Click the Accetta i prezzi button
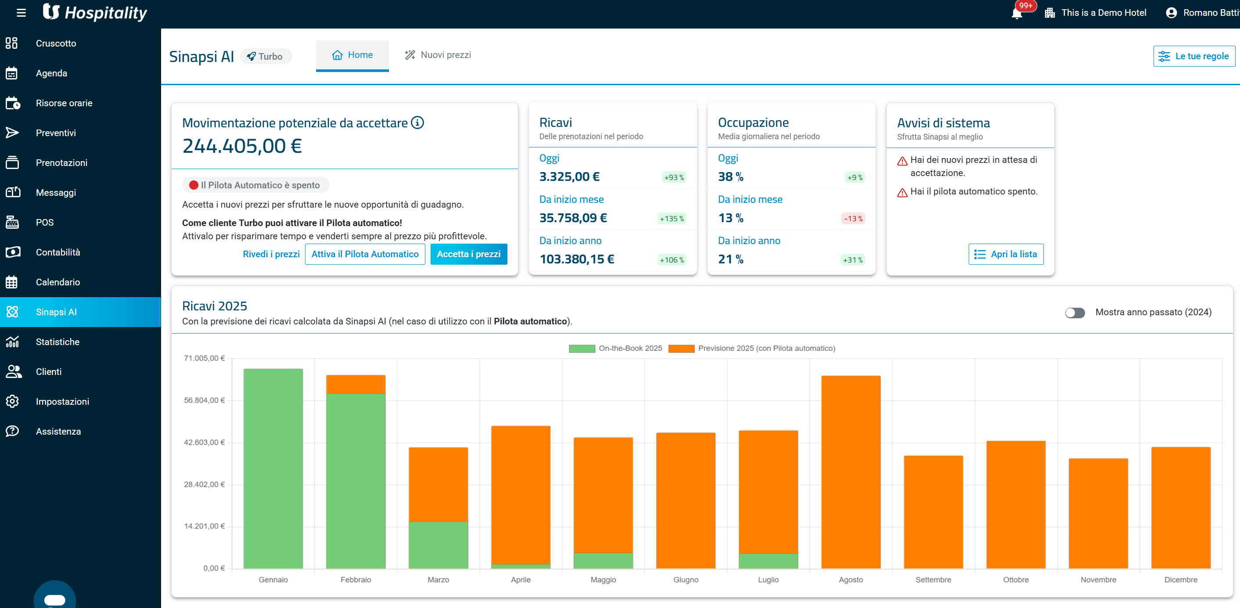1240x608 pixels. coord(468,254)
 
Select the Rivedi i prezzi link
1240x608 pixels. coord(271,254)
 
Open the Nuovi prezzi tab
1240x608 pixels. coord(438,55)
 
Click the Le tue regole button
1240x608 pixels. coord(1194,56)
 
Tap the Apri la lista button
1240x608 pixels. coord(1006,254)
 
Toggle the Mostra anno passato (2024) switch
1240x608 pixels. coord(1075,313)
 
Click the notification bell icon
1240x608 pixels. coord(1017,13)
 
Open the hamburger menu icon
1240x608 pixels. coord(21,13)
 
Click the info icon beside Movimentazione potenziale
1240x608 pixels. coord(417,123)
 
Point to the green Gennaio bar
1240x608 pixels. coord(273,468)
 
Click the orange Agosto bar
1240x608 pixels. coord(851,472)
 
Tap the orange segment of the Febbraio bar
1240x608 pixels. coord(356,384)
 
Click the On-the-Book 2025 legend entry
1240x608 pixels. coord(615,348)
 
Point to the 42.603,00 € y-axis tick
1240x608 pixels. coord(204,443)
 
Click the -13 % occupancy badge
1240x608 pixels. coord(853,219)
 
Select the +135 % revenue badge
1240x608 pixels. coord(672,219)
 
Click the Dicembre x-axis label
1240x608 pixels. coord(1180,579)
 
